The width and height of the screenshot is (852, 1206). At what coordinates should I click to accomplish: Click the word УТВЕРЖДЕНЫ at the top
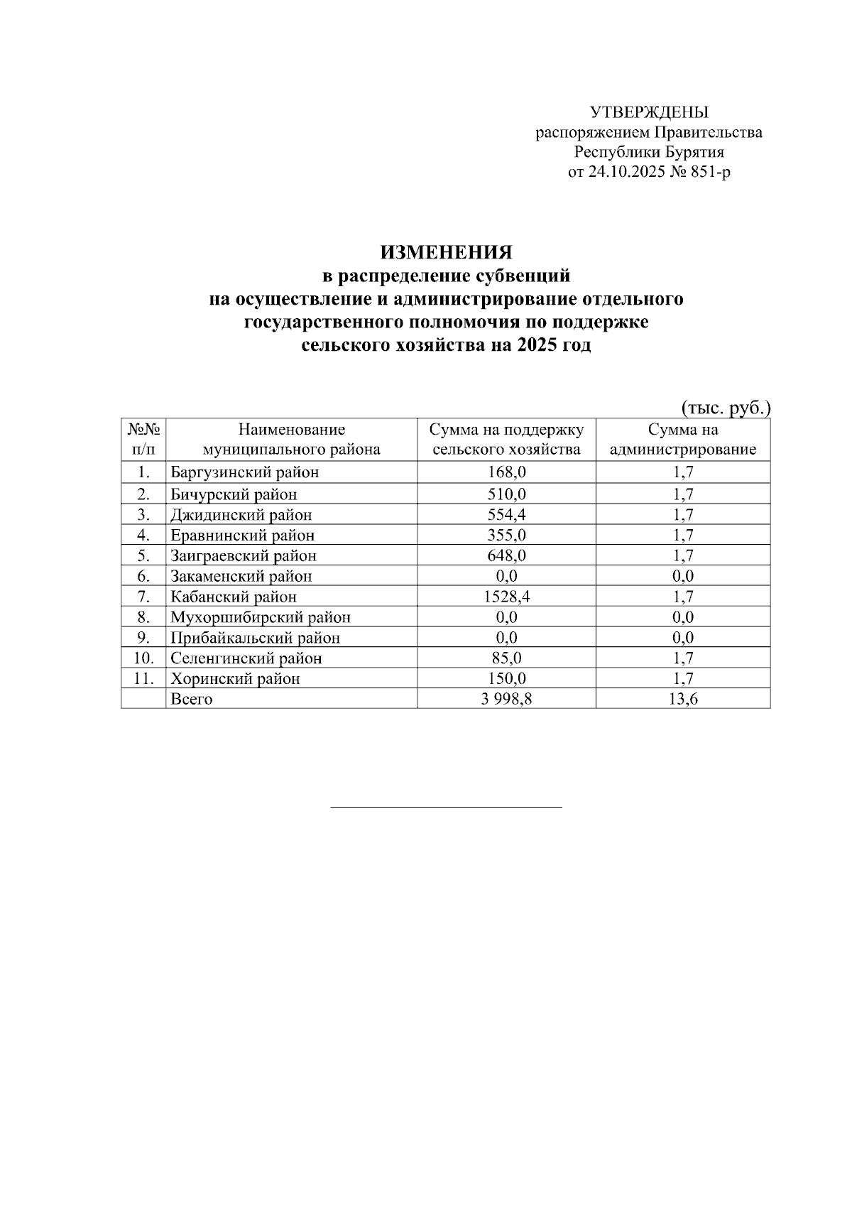(649, 112)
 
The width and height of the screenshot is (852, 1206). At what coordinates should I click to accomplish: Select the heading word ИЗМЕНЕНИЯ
(446, 253)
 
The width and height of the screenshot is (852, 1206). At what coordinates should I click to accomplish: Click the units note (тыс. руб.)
(726, 408)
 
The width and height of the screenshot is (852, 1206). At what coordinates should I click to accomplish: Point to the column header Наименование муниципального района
(291, 440)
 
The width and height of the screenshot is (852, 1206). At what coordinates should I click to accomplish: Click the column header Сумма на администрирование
(682, 440)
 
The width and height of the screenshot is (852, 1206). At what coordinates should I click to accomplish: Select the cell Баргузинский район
(245, 472)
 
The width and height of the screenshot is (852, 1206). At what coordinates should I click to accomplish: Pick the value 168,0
(506, 472)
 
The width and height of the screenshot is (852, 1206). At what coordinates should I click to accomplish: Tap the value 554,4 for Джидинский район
(506, 515)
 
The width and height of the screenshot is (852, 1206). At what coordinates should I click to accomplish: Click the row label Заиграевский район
(244, 556)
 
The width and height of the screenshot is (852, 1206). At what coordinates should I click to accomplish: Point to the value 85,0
(506, 658)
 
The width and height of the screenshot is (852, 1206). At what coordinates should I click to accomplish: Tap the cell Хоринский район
(235, 679)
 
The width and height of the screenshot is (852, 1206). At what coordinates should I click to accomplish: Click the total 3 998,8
(506, 700)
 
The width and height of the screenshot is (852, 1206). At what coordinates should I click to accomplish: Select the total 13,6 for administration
(682, 700)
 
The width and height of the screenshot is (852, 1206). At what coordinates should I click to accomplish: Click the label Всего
(192, 700)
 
